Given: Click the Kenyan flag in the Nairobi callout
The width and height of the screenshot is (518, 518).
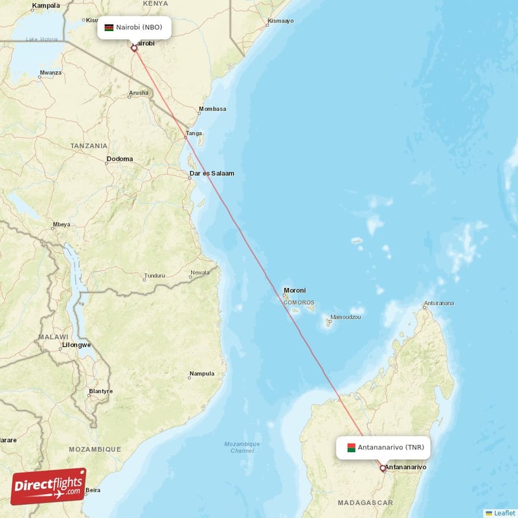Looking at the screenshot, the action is point(109,28).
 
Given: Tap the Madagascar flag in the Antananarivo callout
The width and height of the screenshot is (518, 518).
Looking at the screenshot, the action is point(351,447).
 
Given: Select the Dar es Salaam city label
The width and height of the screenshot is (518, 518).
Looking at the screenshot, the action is point(211,174).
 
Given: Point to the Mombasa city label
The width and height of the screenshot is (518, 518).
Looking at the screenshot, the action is point(212,109).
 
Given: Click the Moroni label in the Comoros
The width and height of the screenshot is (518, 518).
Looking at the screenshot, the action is point(295,290).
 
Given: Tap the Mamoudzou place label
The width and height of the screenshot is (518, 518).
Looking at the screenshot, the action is point(345,317).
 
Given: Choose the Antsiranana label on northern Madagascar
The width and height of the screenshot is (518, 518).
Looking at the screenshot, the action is point(438,303).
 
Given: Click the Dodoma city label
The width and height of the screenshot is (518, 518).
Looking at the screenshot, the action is point(120,159).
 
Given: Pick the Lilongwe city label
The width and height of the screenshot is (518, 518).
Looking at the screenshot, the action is point(76,345).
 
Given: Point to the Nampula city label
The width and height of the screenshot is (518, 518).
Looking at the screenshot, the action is point(201,374).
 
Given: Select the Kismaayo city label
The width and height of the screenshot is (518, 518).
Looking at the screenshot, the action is point(280,21).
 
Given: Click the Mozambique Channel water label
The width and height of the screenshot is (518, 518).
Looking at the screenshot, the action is point(242,447).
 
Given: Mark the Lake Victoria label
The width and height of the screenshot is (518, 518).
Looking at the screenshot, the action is point(41,39).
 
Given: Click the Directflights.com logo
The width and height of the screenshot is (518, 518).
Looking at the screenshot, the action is point(49,486).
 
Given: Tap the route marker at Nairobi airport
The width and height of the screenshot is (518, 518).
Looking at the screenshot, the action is point(134,48).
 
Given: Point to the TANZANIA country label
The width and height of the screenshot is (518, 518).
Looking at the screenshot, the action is point(89,146).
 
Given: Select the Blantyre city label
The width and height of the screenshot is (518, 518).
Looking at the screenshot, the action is point(100,391).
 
